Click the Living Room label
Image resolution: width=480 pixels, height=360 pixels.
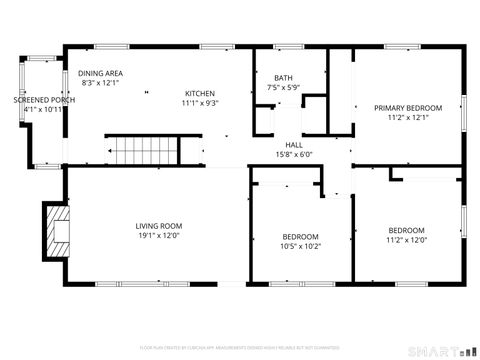[x=160, y=225]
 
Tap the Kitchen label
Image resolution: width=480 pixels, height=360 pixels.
[x=200, y=91]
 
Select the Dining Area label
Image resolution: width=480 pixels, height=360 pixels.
[x=100, y=74]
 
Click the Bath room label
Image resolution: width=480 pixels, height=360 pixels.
[x=284, y=78]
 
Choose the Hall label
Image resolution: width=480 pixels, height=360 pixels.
[x=293, y=145]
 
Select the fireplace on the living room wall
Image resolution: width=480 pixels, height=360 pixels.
[x=55, y=226]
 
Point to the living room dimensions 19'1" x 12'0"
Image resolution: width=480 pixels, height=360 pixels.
[x=160, y=236]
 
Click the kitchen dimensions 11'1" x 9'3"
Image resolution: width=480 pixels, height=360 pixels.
[x=200, y=102]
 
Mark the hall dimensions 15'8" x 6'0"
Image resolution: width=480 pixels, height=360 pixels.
[x=293, y=155]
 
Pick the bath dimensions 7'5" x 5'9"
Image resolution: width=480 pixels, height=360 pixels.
[x=284, y=88]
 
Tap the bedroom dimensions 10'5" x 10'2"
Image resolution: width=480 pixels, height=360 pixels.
[x=300, y=246]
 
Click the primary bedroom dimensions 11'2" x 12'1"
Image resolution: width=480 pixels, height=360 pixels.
[x=407, y=117]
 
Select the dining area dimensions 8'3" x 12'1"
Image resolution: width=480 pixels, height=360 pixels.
[x=100, y=84]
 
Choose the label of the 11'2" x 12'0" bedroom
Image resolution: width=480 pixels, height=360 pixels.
[x=406, y=230]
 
